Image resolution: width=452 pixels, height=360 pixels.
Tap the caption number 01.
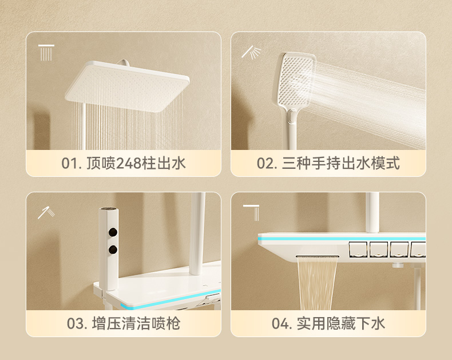point(70,164)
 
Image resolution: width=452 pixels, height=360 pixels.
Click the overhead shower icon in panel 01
point(46,53)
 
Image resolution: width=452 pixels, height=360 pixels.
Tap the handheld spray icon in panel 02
point(251,52)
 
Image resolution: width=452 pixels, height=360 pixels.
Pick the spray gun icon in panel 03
point(46,212)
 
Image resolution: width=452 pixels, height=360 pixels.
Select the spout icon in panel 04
point(251,213)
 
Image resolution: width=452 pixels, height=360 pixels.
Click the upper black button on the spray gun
point(113,231)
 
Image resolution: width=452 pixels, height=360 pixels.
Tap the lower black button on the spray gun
point(113,250)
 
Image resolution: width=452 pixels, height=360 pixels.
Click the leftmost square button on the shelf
point(358,250)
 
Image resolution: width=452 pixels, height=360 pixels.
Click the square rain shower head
point(127,86)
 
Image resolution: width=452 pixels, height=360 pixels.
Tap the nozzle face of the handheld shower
point(296,80)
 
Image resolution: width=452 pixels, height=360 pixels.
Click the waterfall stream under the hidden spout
point(317,283)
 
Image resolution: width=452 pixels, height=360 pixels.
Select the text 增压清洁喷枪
point(136,323)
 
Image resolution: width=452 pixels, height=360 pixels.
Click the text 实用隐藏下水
point(341,323)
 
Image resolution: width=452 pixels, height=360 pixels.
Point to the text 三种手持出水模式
point(341,164)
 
